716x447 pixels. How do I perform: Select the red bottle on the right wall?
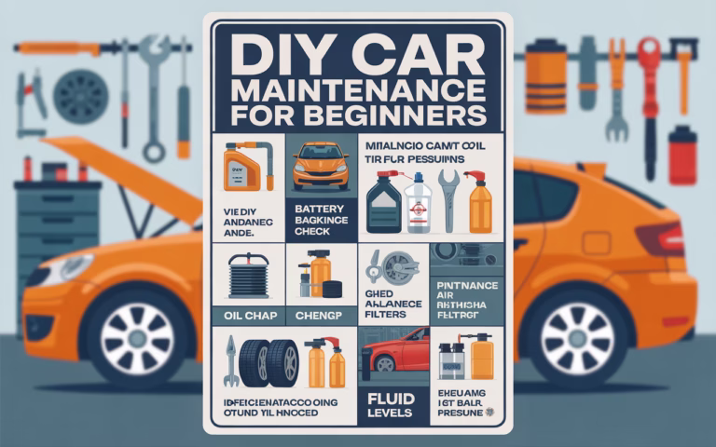click(682, 156)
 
